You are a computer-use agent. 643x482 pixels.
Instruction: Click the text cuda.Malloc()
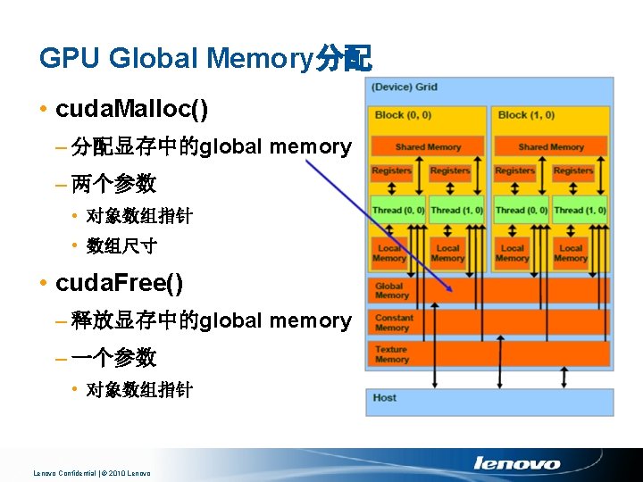[131, 110]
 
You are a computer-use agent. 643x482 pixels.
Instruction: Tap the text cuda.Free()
[119, 284]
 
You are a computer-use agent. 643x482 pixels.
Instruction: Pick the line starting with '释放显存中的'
[211, 320]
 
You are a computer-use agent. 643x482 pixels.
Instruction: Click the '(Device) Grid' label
[405, 87]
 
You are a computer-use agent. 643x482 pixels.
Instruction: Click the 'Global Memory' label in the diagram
[392, 291]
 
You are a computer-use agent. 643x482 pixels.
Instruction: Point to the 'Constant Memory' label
[394, 323]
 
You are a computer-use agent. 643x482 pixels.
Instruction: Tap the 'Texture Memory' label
[391, 354]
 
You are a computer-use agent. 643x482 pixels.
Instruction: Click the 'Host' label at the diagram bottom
[385, 397]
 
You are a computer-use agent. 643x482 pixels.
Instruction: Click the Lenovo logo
[517, 463]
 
